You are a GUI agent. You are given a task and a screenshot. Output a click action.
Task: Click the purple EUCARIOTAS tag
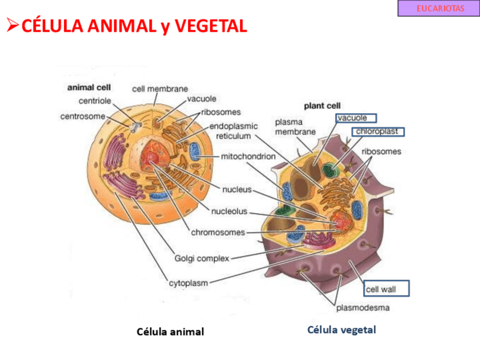click(438, 8)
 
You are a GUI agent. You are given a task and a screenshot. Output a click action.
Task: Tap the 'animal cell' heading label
click(89, 88)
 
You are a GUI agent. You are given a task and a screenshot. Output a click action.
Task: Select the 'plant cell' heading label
click(322, 105)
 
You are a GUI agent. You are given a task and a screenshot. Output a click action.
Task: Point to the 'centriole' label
click(95, 101)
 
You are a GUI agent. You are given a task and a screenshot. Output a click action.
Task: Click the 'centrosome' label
click(83, 117)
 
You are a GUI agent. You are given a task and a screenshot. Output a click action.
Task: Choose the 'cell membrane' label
click(160, 89)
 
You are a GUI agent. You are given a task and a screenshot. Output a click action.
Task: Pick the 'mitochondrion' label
click(248, 156)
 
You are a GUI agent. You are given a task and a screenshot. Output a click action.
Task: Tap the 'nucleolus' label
click(229, 212)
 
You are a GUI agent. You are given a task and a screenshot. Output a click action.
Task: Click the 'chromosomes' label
click(218, 232)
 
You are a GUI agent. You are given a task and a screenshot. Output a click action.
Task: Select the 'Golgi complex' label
click(202, 259)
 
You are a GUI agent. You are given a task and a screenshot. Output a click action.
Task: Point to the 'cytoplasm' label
click(188, 282)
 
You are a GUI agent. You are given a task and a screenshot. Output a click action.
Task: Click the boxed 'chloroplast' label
click(377, 131)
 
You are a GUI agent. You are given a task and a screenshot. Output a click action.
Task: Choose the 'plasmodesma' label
click(363, 308)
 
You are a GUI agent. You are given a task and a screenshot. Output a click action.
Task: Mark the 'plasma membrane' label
click(295, 127)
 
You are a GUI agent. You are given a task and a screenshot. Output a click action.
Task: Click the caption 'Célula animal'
click(170, 332)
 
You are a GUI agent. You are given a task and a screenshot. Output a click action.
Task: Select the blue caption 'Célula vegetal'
click(341, 329)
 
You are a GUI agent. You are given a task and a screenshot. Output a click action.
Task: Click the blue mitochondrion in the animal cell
click(195, 151)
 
